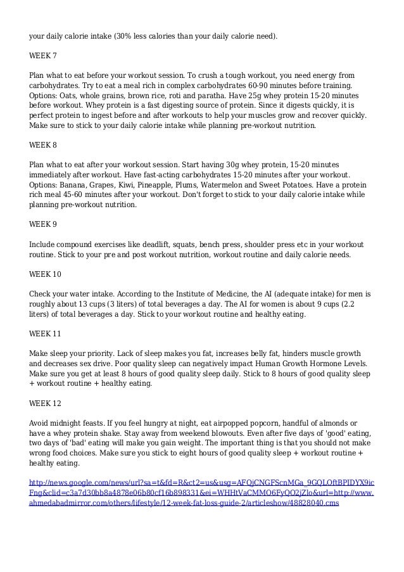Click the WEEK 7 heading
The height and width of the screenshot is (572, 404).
pos(43,55)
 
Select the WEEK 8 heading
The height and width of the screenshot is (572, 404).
pos(43,143)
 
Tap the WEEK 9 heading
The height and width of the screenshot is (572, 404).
pos(43,224)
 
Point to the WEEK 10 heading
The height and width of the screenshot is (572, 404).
pos(46,274)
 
